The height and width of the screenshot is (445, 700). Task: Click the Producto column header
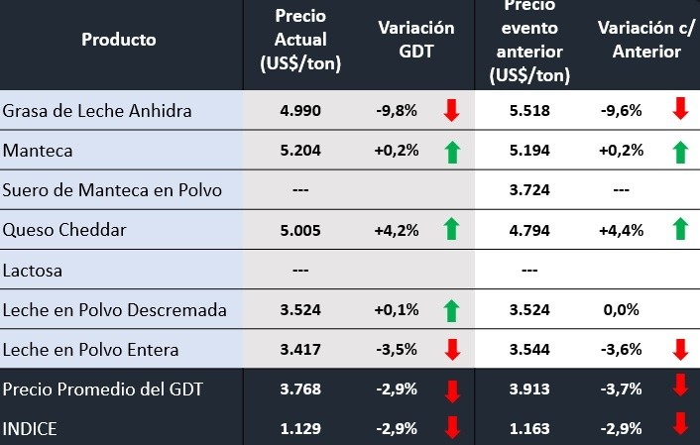click(119, 40)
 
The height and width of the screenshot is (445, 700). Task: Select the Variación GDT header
click(416, 40)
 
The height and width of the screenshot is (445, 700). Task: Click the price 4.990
click(300, 110)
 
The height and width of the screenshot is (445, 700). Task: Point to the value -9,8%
click(397, 110)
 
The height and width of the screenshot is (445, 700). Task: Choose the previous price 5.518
click(528, 110)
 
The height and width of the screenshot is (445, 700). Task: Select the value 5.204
click(300, 150)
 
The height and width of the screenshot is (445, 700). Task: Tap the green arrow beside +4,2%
click(452, 229)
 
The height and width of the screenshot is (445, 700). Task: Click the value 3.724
click(528, 189)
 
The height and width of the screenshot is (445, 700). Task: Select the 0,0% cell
click(620, 309)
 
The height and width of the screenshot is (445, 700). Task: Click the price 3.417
click(300, 349)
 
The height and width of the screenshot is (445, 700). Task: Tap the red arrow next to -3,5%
click(452, 349)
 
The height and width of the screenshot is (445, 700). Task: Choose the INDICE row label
click(31, 427)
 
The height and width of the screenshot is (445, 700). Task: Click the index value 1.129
click(300, 427)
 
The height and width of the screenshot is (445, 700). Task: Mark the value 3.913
click(528, 389)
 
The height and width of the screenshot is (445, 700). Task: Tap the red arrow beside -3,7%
click(680, 388)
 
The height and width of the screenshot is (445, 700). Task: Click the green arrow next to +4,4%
click(680, 229)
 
